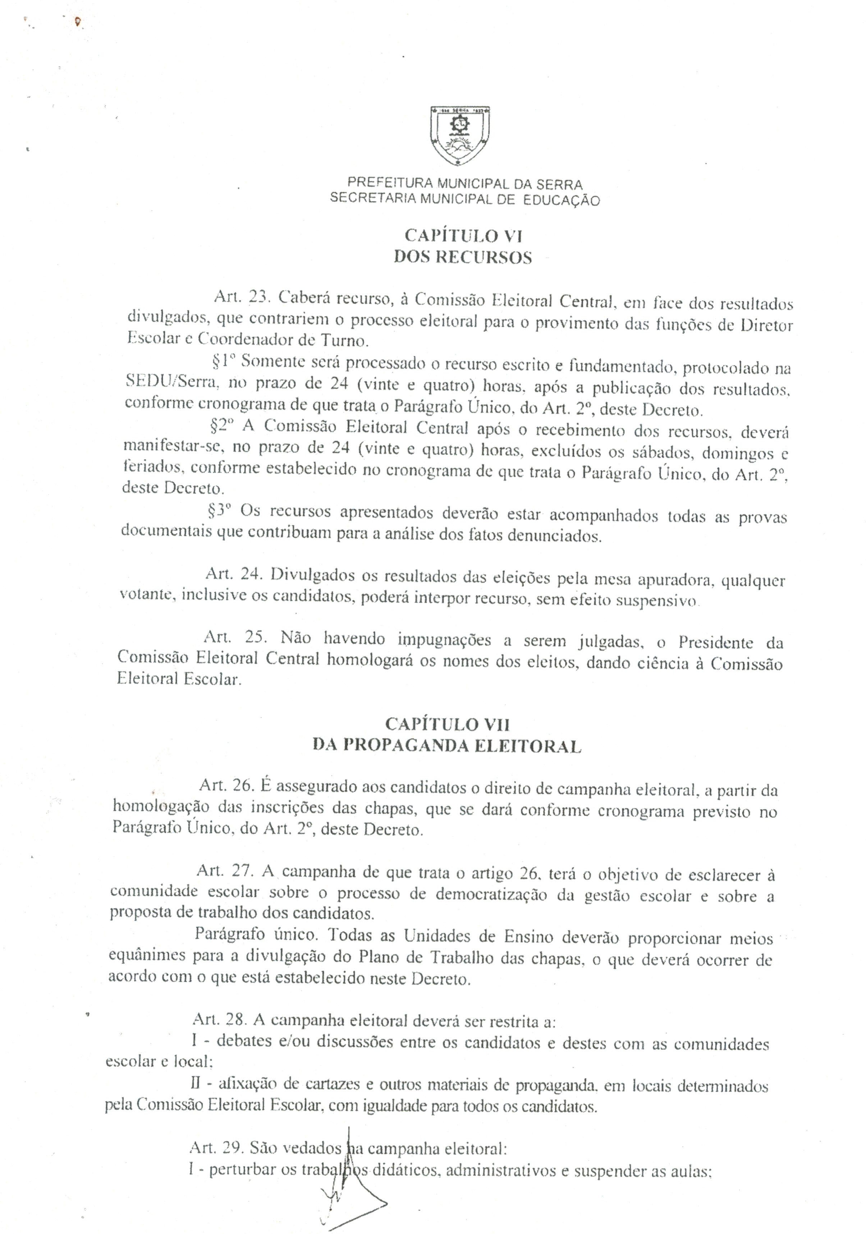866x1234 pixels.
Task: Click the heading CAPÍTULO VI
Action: (x=463, y=235)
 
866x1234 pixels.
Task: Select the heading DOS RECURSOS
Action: (x=463, y=258)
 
